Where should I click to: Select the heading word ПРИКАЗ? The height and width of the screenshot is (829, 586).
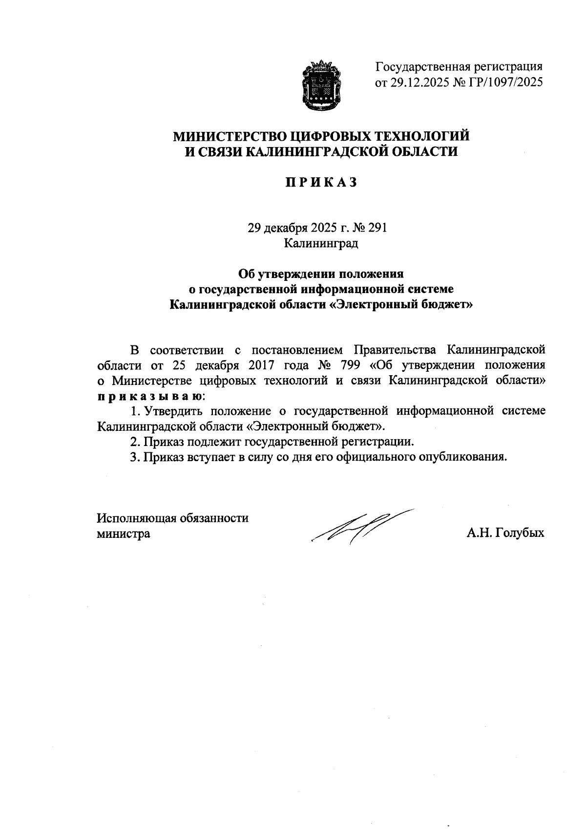[x=322, y=183]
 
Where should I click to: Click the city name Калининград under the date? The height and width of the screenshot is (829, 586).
[x=321, y=243]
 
